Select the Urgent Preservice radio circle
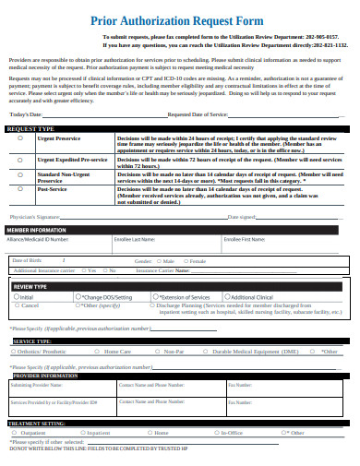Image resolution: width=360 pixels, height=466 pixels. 20,139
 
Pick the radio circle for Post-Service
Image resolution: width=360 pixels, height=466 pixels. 20,189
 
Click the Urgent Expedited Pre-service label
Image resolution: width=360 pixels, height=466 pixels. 72,160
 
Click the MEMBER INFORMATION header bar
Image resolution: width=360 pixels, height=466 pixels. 36,229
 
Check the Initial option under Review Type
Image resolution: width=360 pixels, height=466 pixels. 25,298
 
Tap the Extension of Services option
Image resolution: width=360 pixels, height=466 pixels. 180,298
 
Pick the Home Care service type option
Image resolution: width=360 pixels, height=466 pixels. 116,352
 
